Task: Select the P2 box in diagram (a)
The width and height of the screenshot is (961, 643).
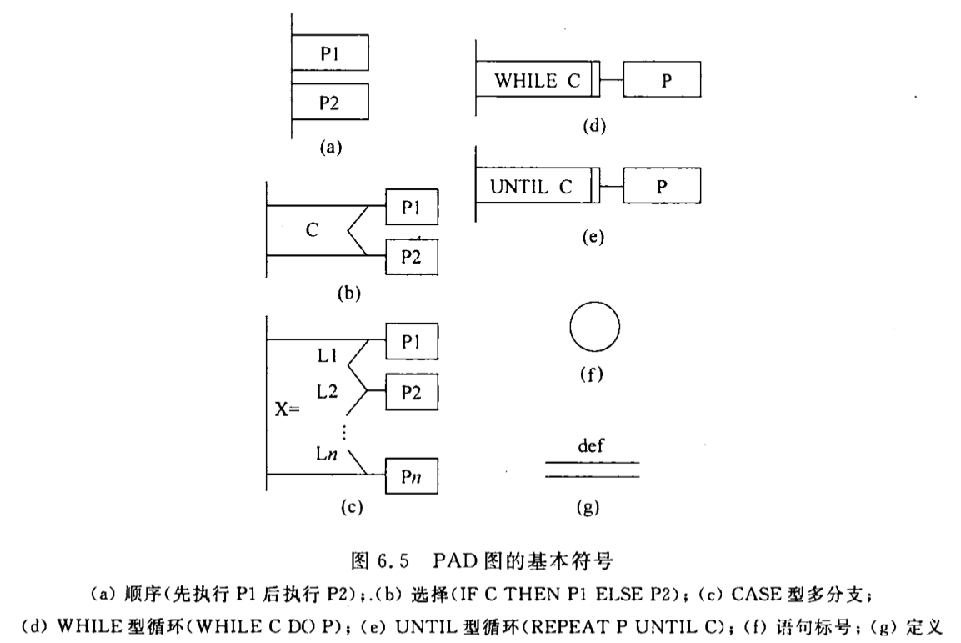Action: pos(330,103)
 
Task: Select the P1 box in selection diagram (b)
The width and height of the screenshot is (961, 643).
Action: pos(411,208)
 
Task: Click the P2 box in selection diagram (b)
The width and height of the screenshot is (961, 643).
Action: pos(411,256)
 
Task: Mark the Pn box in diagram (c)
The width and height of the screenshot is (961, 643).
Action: pos(411,479)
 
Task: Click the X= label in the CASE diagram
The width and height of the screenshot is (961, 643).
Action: pos(288,411)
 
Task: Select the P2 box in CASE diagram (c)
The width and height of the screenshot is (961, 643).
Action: pos(411,391)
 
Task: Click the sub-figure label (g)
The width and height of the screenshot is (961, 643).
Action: pos(587,506)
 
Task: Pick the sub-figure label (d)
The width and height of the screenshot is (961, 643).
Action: pos(593,127)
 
